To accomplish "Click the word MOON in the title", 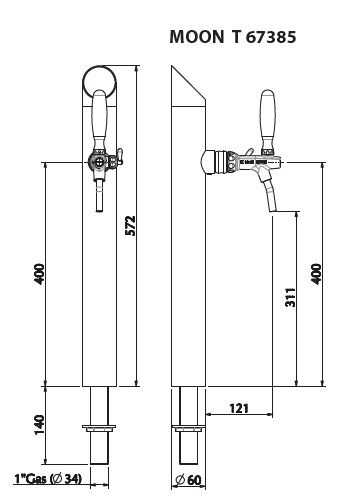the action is [197, 36].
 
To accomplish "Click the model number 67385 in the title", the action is [271, 37].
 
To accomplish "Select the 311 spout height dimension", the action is [290, 297].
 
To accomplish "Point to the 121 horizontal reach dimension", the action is [239, 408].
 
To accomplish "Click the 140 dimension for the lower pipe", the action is [39, 424].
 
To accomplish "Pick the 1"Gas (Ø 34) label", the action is [48, 479].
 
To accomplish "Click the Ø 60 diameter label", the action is [188, 480].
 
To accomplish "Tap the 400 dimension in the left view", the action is [39, 274].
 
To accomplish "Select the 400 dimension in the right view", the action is [316, 274].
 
